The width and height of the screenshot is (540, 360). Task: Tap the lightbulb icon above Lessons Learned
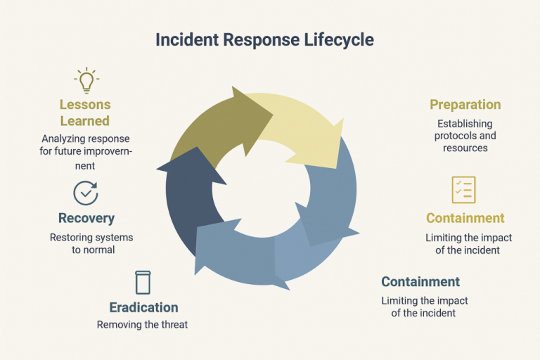85,81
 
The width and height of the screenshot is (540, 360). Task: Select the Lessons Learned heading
85,112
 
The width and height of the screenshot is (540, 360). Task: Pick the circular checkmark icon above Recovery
86,192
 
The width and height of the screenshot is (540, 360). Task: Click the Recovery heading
86,219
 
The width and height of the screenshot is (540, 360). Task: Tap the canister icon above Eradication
143,282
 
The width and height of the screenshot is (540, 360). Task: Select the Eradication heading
143,307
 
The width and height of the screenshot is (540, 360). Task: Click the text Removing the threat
143,324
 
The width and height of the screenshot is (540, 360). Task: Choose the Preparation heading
465,105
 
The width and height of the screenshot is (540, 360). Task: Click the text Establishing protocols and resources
465,136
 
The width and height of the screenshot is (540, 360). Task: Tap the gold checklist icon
463,190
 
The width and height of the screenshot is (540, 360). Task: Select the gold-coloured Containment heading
465,218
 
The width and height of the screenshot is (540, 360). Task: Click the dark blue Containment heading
420,282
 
